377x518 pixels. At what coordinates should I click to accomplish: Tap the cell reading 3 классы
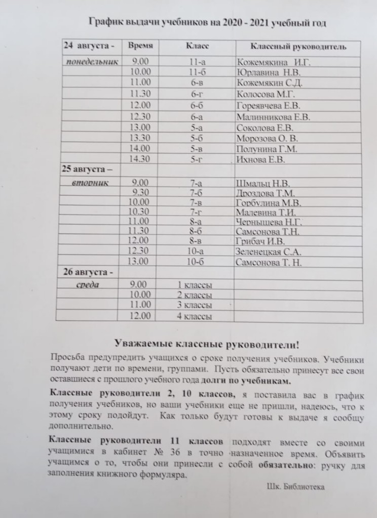(x=195, y=306)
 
